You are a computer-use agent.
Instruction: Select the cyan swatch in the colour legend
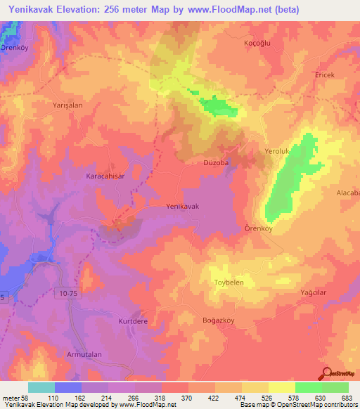[x=41, y=387]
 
